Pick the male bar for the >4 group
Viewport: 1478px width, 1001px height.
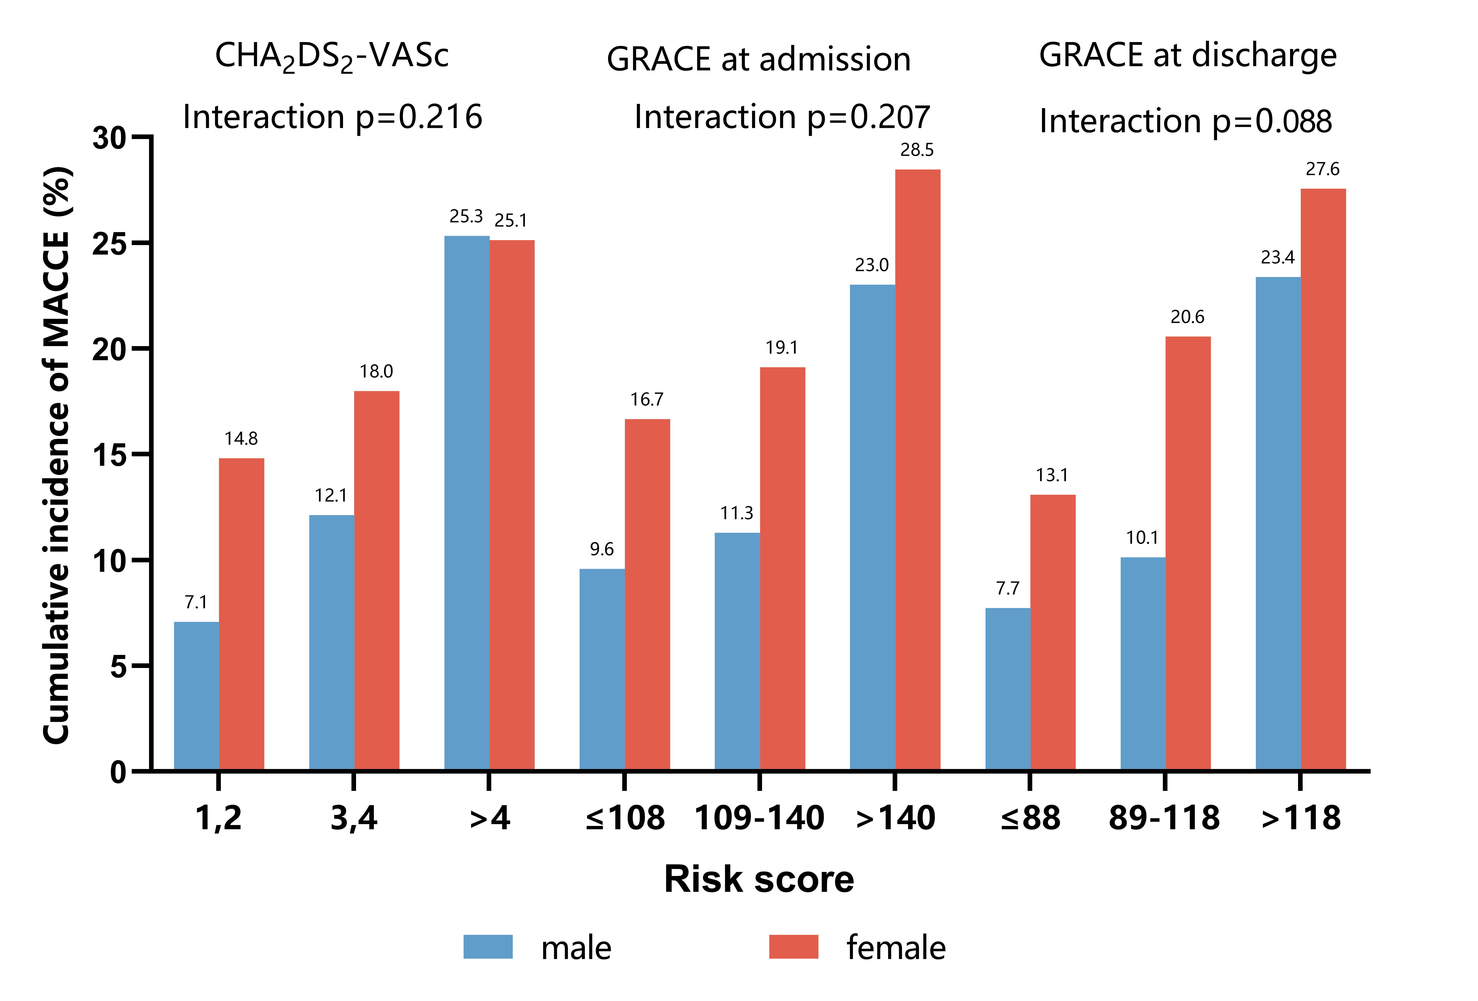(467, 502)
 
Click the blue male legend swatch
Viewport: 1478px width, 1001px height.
(488, 946)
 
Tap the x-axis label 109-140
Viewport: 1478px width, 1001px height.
(759, 818)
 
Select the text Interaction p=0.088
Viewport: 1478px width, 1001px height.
(1186, 121)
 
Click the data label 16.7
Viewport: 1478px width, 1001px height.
(647, 399)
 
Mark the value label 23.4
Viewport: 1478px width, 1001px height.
(1278, 258)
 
